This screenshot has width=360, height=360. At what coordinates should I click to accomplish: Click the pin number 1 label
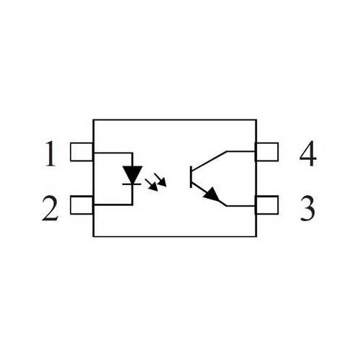50,153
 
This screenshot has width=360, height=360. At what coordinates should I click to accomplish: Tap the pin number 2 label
50,208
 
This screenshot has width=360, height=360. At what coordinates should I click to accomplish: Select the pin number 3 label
307,208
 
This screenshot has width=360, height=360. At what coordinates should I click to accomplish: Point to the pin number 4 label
308,153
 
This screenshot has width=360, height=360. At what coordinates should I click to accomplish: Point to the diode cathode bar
132,184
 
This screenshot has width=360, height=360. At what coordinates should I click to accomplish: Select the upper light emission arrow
161,180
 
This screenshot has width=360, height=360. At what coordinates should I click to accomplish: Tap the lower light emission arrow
152,185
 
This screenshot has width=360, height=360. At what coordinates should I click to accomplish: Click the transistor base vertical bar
191,176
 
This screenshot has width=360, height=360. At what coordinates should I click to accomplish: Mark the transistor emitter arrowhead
212,194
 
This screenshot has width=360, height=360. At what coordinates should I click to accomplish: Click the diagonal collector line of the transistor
209,161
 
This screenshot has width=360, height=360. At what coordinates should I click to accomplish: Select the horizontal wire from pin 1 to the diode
113,153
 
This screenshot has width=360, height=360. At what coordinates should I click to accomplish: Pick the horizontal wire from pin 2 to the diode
113,204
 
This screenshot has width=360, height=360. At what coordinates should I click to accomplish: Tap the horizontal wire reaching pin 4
240,152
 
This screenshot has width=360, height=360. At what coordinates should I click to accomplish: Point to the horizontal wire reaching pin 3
240,206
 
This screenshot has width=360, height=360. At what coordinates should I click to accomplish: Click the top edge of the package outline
175,120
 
